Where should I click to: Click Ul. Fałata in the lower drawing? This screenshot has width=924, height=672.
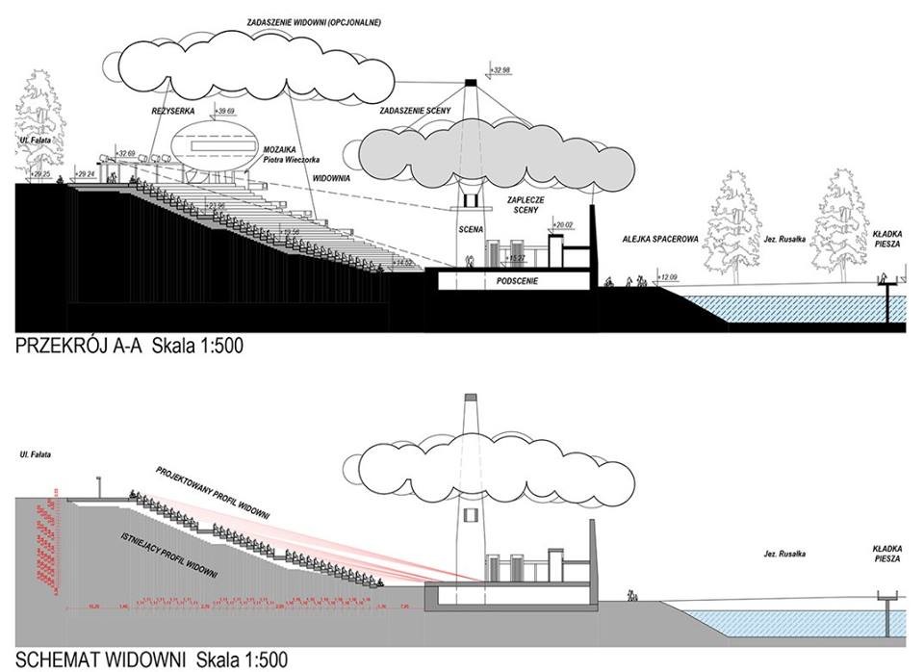[x=39, y=452]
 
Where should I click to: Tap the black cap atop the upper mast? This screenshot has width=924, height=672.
[x=471, y=82]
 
